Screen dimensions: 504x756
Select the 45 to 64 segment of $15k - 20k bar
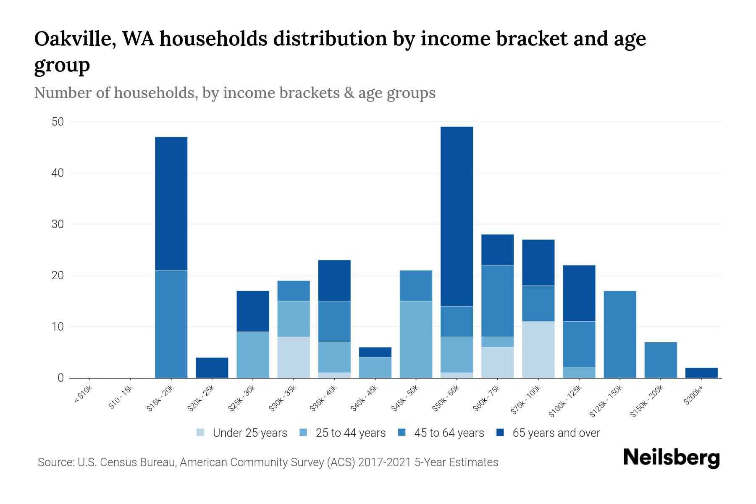171,324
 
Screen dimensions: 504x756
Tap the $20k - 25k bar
212,367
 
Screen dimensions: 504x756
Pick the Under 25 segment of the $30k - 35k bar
294,357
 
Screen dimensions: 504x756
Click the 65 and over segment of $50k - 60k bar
457,216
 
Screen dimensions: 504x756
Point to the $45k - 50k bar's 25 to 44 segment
416,339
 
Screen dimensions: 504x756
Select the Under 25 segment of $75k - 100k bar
538,349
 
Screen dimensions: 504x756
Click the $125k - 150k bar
619,334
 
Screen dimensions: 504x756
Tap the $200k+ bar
701,373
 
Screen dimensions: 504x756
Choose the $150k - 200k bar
660,360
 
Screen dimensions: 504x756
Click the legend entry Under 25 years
249,433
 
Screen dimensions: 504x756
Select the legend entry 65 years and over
556,433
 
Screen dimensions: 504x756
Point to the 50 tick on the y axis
58,122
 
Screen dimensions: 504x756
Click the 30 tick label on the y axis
58,224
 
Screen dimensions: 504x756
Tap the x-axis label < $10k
83,396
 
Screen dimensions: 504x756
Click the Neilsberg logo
671,458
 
